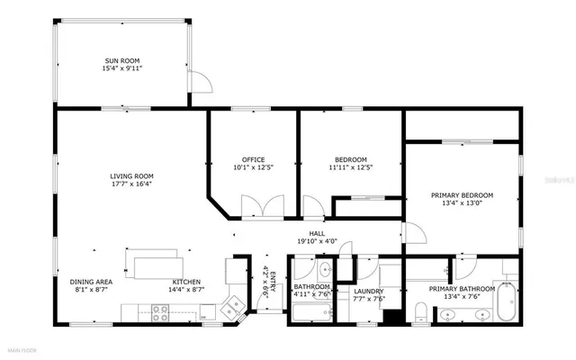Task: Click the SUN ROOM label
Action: pyautogui.click(x=123, y=59)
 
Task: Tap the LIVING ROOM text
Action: pyautogui.click(x=131, y=175)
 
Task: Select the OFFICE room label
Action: pyautogui.click(x=253, y=159)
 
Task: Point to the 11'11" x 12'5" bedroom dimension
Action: pyautogui.click(x=350, y=167)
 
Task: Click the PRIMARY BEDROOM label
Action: pyautogui.click(x=462, y=195)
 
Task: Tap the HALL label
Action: pyautogui.click(x=317, y=233)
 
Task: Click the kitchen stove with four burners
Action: pyautogui.click(x=160, y=312)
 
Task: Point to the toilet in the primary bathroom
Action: pyautogui.click(x=421, y=311)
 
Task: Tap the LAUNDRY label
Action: pyautogui.click(x=369, y=291)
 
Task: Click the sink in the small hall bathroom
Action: pyautogui.click(x=325, y=269)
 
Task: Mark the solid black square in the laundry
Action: pyautogui.click(x=391, y=316)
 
